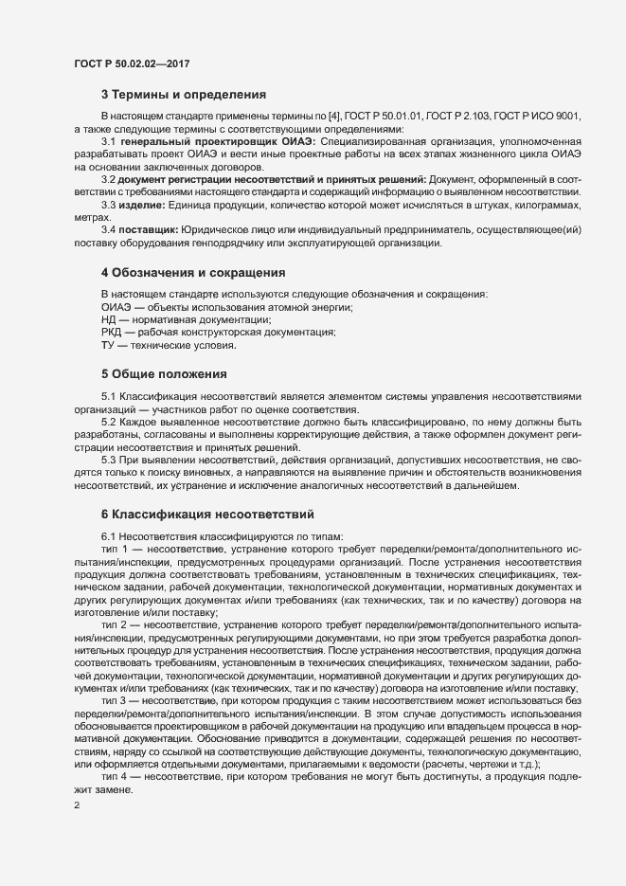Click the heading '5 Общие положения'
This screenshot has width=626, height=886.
coord(163,372)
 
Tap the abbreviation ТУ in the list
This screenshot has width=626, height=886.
coord(108,345)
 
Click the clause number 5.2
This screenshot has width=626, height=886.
coord(109,421)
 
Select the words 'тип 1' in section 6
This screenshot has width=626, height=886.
coord(115,549)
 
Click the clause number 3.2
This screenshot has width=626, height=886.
coord(109,179)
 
